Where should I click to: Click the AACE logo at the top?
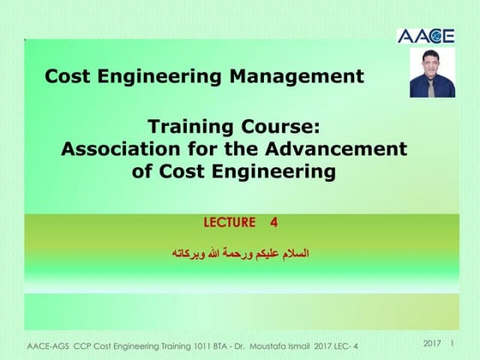coord(427,36)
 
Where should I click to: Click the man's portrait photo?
coord(432,72)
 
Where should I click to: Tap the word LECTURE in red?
coord(230,223)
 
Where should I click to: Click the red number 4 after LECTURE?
coord(273,223)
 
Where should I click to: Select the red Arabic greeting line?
coord(241,254)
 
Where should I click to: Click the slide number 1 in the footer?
coord(452,343)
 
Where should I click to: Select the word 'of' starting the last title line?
coord(142,171)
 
